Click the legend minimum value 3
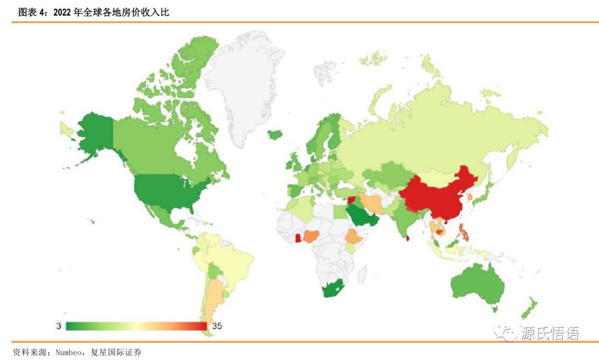[58, 326]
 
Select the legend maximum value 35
[217, 326]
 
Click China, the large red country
[438, 194]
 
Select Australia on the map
[477, 283]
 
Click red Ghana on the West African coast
[297, 239]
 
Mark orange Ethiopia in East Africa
[354, 237]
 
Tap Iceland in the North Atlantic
[275, 134]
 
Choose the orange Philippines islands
[464, 232]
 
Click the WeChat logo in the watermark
[507, 333]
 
